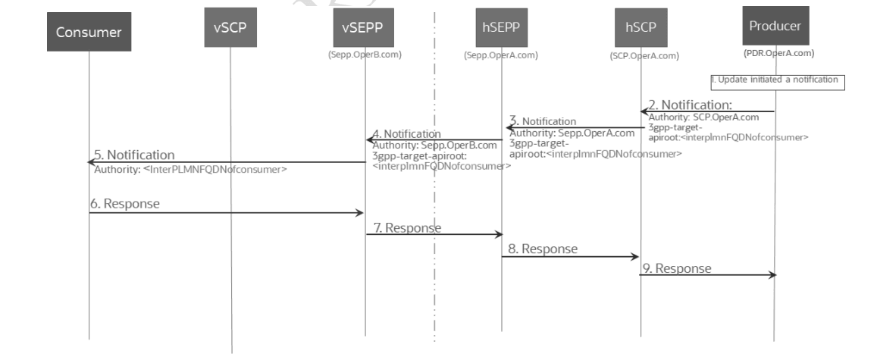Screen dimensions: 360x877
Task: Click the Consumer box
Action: (x=89, y=33)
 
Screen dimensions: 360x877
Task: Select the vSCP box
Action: (x=230, y=28)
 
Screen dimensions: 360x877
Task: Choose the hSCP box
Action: (x=641, y=28)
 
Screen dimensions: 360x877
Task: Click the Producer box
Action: (x=775, y=27)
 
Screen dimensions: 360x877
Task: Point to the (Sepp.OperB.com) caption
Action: (x=365, y=55)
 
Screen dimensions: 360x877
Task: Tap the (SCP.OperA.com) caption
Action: (x=644, y=55)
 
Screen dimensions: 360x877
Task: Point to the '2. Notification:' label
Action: (x=690, y=105)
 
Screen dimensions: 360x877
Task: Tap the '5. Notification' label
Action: (x=134, y=155)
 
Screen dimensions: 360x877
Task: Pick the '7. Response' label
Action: (x=407, y=227)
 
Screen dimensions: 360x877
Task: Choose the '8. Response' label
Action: (x=542, y=248)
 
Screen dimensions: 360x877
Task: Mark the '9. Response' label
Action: (x=677, y=268)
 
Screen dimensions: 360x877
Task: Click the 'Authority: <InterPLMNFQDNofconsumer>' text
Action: (x=190, y=169)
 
